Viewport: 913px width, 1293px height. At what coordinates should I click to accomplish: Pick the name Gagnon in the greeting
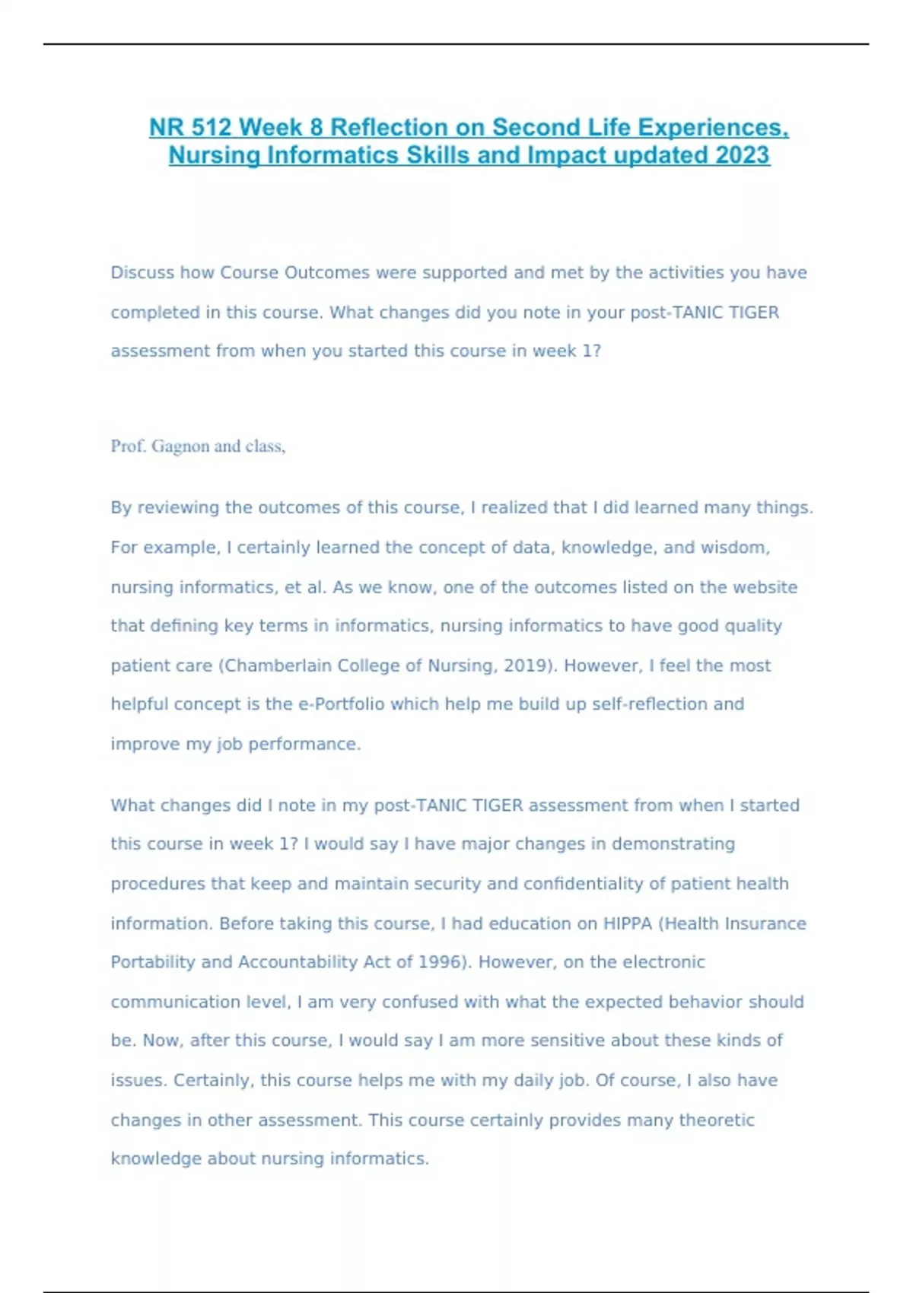pyautogui.click(x=180, y=446)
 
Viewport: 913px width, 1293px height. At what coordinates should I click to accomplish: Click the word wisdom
pyautogui.click(x=737, y=548)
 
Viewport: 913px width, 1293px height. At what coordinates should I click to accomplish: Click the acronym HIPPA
pyautogui.click(x=628, y=923)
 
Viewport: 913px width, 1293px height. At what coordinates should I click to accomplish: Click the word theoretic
pyautogui.click(x=716, y=1120)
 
